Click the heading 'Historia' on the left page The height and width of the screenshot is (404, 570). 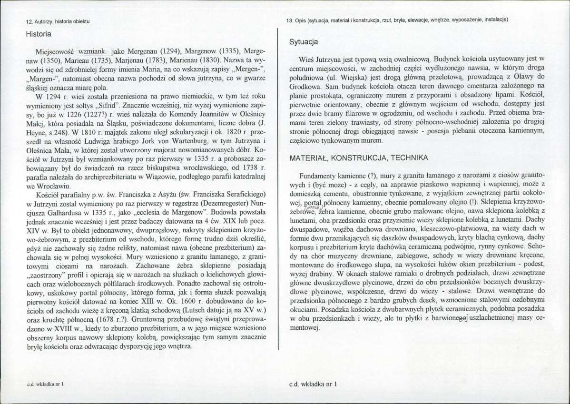point(39,34)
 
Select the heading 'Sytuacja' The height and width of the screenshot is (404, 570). point(304,42)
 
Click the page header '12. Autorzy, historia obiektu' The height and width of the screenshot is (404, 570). point(58,22)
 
